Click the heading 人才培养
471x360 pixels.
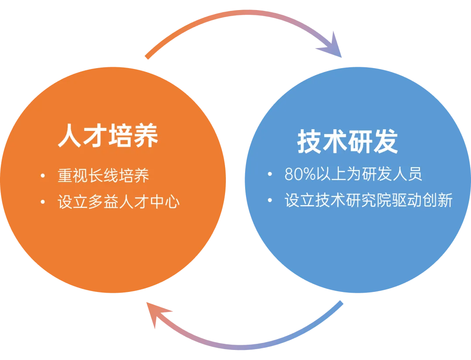(108, 136)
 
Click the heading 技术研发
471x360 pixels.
(348, 141)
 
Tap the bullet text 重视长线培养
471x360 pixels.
(103, 176)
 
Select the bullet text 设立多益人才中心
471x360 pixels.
(119, 202)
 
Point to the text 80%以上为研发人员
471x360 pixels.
(353, 175)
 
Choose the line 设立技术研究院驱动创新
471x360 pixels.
(369, 200)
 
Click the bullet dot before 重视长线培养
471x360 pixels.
(42, 176)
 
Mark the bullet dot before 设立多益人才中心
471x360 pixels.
(42, 202)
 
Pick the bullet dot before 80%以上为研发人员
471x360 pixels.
(270, 175)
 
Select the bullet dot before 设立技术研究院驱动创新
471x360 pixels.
(270, 200)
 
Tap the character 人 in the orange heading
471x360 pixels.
(71, 136)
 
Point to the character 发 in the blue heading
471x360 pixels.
(386, 141)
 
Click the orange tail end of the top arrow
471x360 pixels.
(147, 57)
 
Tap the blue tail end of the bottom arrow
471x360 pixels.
(341, 303)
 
